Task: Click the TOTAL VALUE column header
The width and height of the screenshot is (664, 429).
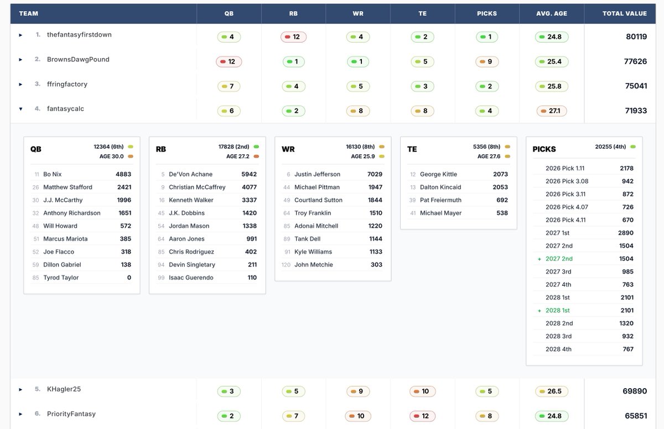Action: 624,13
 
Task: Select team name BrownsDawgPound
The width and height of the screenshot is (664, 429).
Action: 78,60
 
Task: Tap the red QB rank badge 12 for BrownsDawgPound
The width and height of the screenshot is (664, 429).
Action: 229,62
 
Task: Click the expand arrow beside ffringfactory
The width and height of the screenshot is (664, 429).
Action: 20,85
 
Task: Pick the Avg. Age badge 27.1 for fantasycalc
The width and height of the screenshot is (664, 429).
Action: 551,111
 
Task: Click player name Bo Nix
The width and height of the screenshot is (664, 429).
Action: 53,174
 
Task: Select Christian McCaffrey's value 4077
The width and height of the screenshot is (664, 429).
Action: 249,187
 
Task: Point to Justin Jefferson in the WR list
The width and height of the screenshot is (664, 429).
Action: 317,174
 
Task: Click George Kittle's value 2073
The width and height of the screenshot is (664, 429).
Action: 500,174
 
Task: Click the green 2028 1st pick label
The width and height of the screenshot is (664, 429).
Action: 558,311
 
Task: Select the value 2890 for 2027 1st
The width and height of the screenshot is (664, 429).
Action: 625,233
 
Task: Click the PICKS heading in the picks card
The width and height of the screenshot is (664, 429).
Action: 544,149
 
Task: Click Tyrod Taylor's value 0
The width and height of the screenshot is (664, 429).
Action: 129,278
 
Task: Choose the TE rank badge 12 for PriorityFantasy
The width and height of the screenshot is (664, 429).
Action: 423,416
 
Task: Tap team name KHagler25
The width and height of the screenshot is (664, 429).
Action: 64,389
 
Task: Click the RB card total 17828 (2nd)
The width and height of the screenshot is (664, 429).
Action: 235,147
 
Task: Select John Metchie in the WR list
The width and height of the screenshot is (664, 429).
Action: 313,265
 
